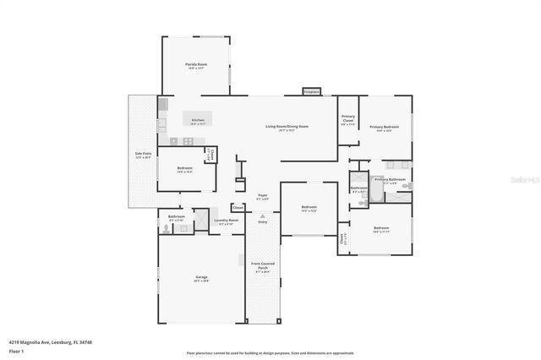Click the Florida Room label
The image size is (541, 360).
[x=196, y=64]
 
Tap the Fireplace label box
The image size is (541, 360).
[x=312, y=91]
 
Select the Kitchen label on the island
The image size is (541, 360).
[x=198, y=121]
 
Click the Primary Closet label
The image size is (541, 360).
[x=347, y=119]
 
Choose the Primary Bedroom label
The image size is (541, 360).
[x=384, y=127]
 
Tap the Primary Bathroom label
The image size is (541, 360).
[x=390, y=179]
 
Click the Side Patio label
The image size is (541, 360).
[x=142, y=154]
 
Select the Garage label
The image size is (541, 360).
[x=201, y=277]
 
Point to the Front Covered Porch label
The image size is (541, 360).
[x=262, y=269]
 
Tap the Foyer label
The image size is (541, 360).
[x=263, y=195]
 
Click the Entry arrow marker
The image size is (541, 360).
[x=263, y=217]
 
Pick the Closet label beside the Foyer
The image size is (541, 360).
[x=238, y=207]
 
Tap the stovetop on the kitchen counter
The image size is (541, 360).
[x=175, y=141]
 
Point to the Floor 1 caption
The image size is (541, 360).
[x=17, y=350]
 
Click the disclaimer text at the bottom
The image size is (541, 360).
[x=270, y=352]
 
